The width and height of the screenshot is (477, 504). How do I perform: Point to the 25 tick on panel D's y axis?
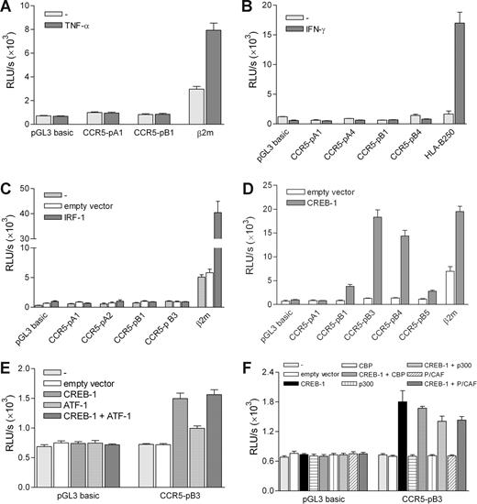point(271,180)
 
